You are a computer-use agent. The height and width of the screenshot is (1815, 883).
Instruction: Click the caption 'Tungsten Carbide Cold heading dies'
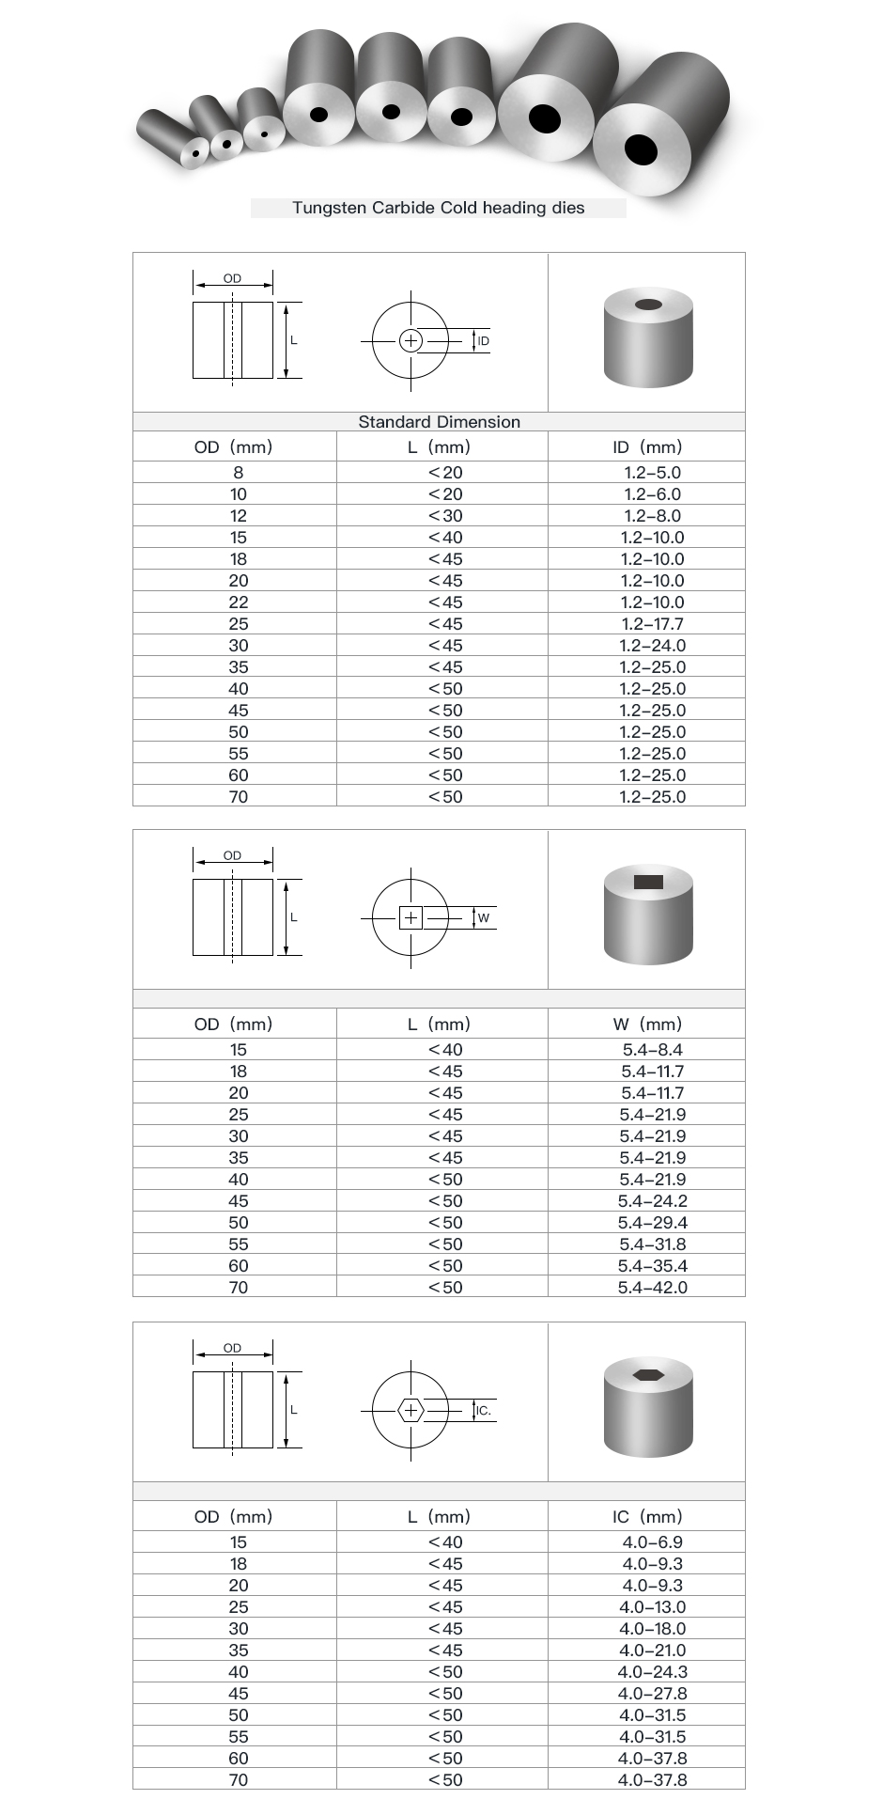tap(438, 208)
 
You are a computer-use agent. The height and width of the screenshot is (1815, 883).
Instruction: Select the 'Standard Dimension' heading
tap(439, 422)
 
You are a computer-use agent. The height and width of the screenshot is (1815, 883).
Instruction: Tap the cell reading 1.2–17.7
tap(652, 624)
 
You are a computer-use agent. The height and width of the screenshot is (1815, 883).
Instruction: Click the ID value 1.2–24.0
tap(652, 646)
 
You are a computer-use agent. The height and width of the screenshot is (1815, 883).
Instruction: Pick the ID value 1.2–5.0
tap(652, 473)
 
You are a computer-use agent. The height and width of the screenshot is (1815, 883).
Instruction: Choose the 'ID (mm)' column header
tap(647, 447)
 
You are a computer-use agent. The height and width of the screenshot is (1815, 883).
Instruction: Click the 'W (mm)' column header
tap(647, 1025)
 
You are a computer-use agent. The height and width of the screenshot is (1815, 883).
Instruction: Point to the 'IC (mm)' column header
tap(647, 1517)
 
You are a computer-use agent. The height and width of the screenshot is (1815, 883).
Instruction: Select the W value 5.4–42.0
tap(652, 1288)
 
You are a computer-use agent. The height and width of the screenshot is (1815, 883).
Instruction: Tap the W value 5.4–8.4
tap(652, 1050)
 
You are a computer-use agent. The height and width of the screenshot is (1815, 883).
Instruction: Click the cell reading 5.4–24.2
tap(652, 1201)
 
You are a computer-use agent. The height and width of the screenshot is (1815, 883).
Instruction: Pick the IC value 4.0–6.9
tap(652, 1542)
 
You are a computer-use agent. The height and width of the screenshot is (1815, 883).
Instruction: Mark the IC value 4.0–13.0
tap(652, 1607)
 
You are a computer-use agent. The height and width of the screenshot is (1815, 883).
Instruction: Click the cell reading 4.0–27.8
tap(652, 1694)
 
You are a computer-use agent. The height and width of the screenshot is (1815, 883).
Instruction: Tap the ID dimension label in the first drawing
tap(483, 341)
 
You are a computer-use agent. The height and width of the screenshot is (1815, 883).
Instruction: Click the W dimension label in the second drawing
tap(483, 918)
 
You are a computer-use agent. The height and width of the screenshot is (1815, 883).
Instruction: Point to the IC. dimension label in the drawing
tap(484, 1411)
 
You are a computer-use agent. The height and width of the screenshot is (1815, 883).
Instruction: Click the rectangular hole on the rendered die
tap(648, 882)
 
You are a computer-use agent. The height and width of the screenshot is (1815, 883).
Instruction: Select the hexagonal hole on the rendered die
tap(648, 1374)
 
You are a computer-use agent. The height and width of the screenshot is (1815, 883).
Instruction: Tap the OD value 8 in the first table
tap(239, 473)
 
